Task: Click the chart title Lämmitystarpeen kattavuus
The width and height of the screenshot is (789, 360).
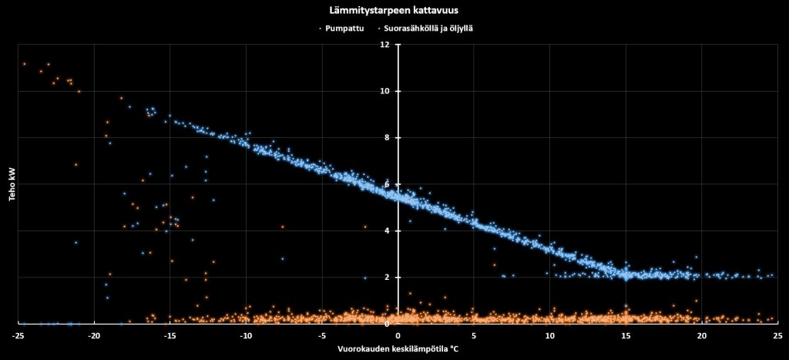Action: click(394, 10)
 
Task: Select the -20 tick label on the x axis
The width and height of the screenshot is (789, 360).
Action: click(94, 335)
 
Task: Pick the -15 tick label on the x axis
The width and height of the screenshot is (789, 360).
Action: click(170, 335)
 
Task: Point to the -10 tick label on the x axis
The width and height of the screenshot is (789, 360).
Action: click(246, 335)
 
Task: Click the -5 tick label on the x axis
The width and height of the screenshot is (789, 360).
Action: click(321, 335)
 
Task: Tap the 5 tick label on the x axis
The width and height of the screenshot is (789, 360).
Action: click(474, 335)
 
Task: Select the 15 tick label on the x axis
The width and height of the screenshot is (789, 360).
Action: click(626, 335)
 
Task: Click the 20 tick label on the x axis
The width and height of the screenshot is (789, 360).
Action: click(701, 335)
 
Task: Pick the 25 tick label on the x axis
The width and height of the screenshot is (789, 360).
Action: click(777, 335)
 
